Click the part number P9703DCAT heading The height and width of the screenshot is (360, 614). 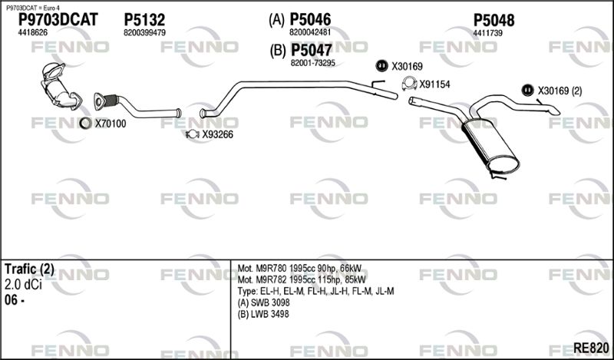58,20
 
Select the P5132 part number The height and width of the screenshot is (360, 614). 144,20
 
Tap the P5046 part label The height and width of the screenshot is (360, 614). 310,19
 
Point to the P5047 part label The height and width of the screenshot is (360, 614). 312,50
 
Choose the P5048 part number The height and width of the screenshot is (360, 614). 494,21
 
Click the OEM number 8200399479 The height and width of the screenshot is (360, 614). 144,33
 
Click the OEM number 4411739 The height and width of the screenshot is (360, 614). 487,33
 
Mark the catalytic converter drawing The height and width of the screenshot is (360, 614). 59,85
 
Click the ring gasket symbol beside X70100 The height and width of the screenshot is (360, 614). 85,123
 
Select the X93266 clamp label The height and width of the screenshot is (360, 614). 217,135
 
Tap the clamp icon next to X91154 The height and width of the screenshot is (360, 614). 409,83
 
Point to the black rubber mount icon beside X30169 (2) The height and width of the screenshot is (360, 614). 527,91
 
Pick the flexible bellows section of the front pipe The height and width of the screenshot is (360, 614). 111,100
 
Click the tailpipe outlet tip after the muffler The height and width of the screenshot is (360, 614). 554,111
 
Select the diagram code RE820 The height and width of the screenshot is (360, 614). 591,348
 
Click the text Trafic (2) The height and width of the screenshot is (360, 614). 29,269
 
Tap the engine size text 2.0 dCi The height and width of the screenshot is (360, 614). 23,285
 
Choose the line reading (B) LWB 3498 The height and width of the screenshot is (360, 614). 263,314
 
